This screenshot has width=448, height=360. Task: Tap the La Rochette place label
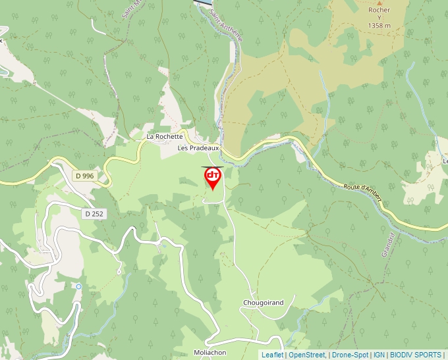[x=164, y=136]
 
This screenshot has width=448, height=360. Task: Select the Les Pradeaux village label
[x=198, y=148]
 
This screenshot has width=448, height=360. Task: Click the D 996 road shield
[x=85, y=176]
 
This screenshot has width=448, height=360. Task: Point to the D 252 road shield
[x=94, y=214]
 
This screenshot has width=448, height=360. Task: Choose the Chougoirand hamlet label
[x=263, y=303]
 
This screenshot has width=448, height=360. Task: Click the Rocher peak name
[x=379, y=10]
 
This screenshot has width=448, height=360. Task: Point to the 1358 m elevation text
[x=379, y=26]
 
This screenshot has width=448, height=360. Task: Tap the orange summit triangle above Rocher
[x=379, y=2]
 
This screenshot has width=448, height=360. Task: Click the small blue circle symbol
[x=78, y=286]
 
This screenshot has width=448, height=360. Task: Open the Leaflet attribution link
[x=272, y=355]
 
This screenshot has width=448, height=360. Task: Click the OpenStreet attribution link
[x=307, y=355]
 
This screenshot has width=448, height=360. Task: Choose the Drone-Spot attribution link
[x=350, y=355]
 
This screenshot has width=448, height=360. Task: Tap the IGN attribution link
[x=379, y=355]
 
